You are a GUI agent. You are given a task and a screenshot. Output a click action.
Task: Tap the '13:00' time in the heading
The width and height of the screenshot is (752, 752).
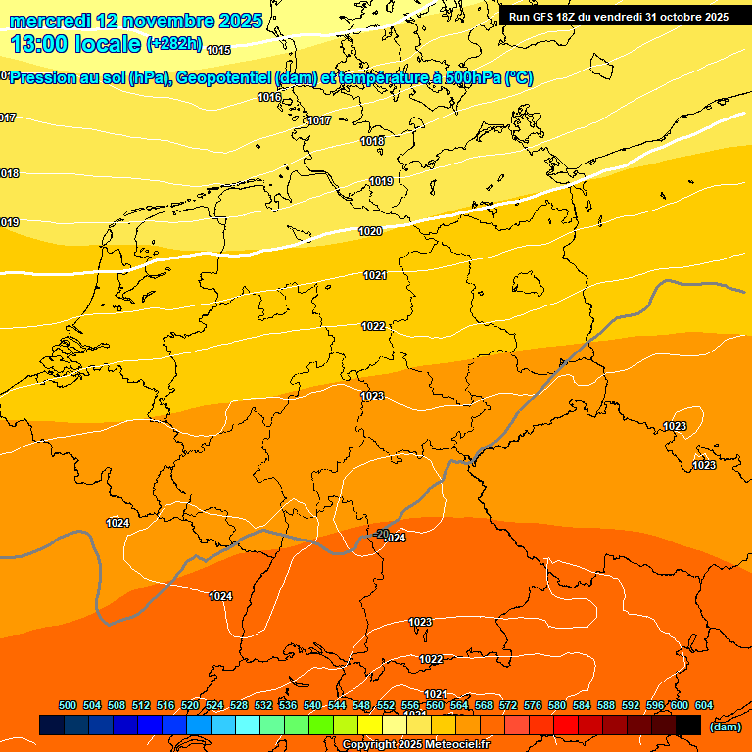tap(38, 45)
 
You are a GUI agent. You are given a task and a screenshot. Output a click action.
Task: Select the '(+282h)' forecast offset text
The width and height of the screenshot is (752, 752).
tap(174, 44)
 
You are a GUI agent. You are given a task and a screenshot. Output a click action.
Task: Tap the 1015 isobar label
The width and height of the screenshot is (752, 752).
tap(218, 49)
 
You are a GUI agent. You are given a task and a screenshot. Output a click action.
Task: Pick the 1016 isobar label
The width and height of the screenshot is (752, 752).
tap(269, 97)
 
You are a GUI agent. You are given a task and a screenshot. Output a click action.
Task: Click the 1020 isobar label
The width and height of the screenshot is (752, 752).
tap(370, 232)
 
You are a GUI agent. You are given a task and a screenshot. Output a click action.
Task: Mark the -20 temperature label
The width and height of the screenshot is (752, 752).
tap(382, 533)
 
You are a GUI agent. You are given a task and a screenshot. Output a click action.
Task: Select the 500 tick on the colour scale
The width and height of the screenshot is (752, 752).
tap(68, 705)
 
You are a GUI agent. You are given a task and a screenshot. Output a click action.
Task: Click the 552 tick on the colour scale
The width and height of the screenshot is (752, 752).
tap(386, 705)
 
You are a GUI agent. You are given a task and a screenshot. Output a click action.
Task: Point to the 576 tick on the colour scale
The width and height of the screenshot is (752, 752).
tap(533, 705)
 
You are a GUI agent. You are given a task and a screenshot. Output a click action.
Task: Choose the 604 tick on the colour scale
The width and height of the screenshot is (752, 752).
tap(703, 705)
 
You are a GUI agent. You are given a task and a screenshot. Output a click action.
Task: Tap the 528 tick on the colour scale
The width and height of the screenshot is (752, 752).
tap(239, 705)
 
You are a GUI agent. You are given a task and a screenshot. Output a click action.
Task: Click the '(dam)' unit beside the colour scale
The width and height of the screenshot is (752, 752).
tap(725, 727)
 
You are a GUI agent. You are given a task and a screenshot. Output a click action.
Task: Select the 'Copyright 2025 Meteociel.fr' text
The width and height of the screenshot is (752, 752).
tap(415, 745)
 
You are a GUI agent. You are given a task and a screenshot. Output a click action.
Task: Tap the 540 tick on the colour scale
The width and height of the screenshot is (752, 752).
tap(312, 705)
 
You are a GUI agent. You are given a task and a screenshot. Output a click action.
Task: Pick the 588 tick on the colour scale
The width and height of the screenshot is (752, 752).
tap(606, 705)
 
